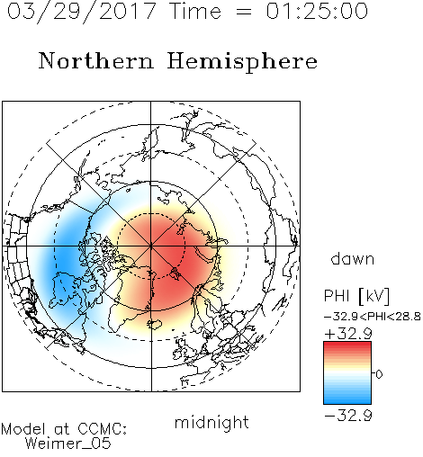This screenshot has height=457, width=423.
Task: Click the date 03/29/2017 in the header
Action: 81,11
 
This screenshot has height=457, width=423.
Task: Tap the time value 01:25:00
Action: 317,11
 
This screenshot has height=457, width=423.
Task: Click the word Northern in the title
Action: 96,60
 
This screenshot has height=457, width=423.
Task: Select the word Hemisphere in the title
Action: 242,62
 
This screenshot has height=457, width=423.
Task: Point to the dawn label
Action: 353,258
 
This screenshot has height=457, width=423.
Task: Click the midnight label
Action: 211,422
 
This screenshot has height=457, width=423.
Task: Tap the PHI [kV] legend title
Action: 356,296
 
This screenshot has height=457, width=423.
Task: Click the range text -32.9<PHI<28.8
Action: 373,317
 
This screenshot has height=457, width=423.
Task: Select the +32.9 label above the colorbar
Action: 348,334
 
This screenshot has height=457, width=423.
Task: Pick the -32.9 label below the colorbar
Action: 348,416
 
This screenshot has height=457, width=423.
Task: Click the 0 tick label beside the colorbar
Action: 379,374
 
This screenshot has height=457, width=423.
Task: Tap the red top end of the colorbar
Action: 347,344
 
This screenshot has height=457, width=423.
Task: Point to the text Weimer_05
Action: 68,444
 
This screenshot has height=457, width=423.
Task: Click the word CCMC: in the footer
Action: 103,429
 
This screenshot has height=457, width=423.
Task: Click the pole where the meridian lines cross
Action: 151,246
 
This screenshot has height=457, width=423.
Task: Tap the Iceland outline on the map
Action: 154,324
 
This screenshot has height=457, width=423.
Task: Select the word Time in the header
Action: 195,11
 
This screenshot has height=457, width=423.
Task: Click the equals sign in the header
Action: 244,13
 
